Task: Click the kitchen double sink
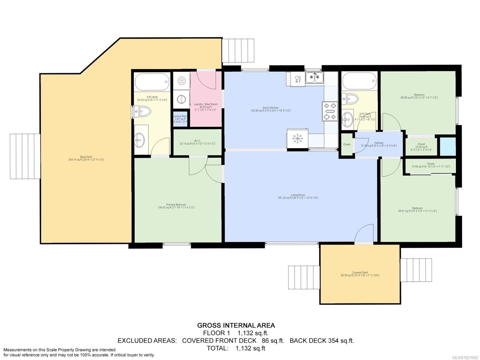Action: coord(314,78)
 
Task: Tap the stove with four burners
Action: coord(330,111)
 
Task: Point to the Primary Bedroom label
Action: coord(176,205)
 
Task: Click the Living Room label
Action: coord(298,195)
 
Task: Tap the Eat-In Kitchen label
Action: coord(271,108)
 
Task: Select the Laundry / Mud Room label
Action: coord(205,104)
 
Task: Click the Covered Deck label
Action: coord(360,273)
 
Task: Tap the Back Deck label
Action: coord(86,157)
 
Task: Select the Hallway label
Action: coord(379,143)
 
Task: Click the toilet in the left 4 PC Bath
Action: coord(143,112)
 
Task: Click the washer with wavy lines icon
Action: coord(181,80)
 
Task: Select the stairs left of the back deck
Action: coord(25,156)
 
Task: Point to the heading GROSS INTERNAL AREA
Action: coord(236,325)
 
